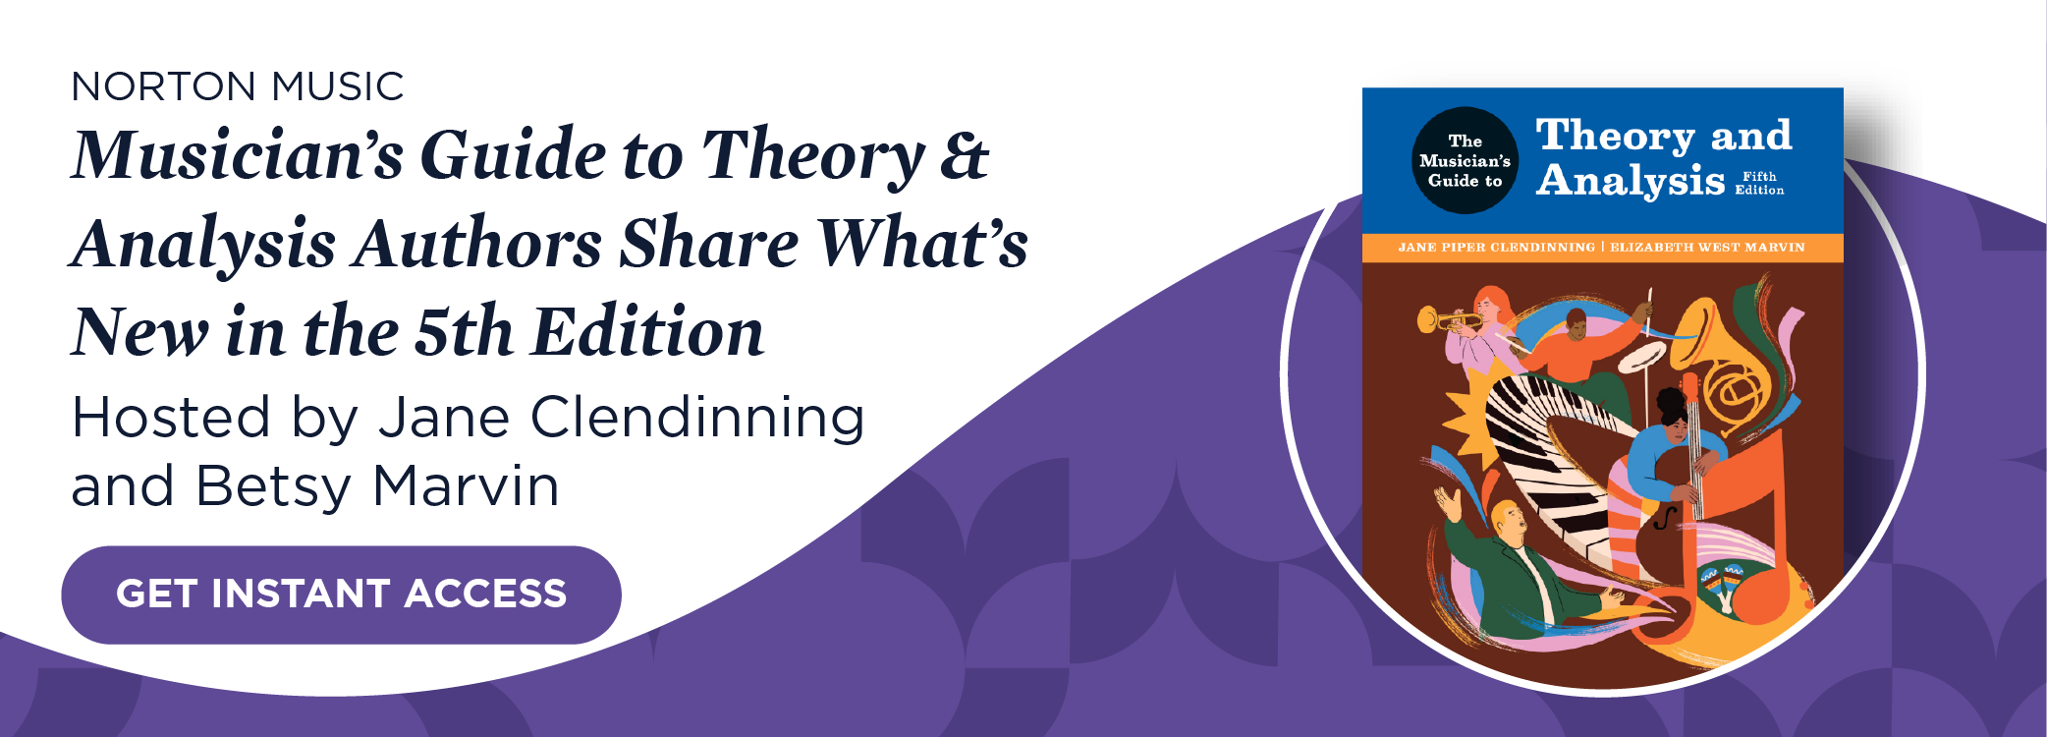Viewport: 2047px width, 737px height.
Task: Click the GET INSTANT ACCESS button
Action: pyautogui.click(x=341, y=595)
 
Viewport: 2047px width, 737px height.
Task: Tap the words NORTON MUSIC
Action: pyautogui.click(x=238, y=86)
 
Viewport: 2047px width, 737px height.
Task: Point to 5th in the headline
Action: pyautogui.click(x=464, y=332)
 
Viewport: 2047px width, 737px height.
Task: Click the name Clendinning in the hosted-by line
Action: pyautogui.click(x=697, y=418)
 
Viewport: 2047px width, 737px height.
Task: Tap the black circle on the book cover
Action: pyautogui.click(x=1465, y=160)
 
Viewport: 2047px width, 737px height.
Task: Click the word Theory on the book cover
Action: pyautogui.click(x=1615, y=136)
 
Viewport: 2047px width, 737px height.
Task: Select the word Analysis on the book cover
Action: pyautogui.click(x=1631, y=181)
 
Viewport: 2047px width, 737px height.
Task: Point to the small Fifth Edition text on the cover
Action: pyautogui.click(x=1759, y=183)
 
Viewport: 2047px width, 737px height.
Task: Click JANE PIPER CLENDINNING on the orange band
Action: pyautogui.click(x=1496, y=248)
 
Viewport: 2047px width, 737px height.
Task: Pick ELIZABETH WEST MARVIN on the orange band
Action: pyautogui.click(x=1707, y=248)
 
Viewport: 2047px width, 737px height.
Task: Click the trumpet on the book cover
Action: pyautogui.click(x=1449, y=320)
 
